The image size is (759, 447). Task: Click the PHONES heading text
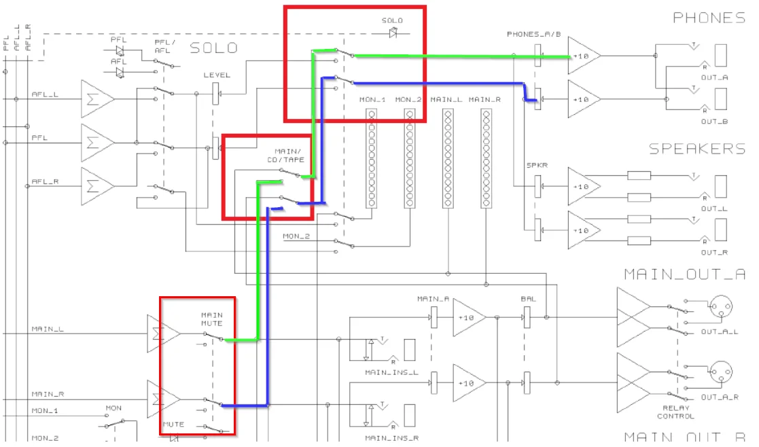(709, 18)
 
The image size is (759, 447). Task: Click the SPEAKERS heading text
(696, 149)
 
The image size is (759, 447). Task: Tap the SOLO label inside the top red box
(392, 20)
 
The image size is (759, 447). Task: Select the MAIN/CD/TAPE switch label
(289, 155)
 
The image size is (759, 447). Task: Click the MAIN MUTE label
(212, 319)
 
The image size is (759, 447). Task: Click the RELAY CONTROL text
(675, 412)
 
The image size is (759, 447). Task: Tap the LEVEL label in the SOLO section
(217, 75)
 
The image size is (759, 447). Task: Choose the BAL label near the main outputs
(528, 298)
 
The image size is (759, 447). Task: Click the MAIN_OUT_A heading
(684, 274)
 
